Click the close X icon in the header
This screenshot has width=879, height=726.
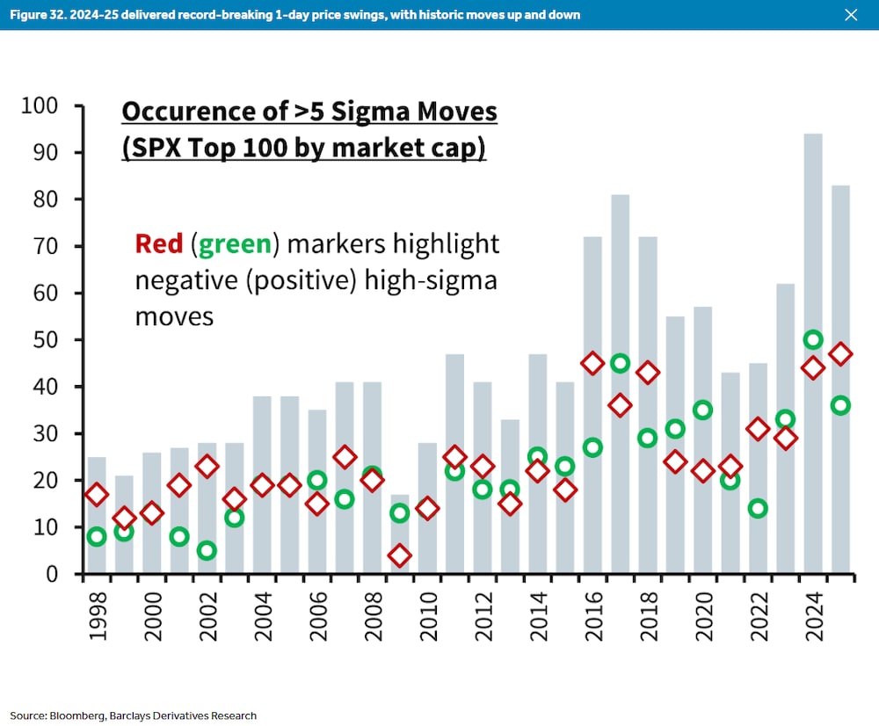click(x=850, y=15)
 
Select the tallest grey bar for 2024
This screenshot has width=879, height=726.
click(x=813, y=352)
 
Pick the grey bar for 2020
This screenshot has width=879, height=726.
click(x=702, y=439)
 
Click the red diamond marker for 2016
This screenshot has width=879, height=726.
click(x=592, y=363)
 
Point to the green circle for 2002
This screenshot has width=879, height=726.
click(x=207, y=550)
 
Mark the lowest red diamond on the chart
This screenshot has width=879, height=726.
click(x=400, y=555)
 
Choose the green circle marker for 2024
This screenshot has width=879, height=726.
click(x=813, y=340)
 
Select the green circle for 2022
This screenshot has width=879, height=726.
click(x=758, y=508)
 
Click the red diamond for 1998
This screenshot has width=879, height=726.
click(x=97, y=494)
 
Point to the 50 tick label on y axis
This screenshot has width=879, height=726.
click(x=45, y=340)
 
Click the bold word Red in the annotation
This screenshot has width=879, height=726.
click(x=159, y=243)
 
